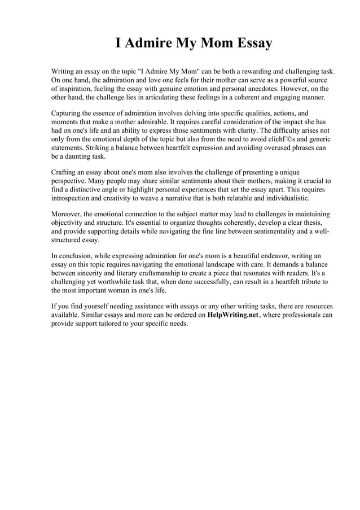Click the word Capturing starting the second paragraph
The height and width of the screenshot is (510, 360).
[x=68, y=113]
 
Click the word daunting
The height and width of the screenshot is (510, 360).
[x=81, y=156]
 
